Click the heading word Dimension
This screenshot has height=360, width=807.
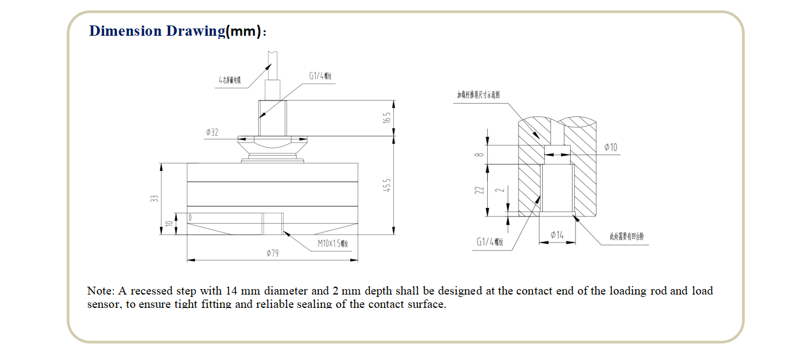(x=125, y=31)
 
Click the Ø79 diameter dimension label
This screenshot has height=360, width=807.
(x=273, y=253)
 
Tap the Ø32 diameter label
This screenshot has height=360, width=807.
(x=212, y=132)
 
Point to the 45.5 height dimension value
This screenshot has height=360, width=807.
(x=387, y=185)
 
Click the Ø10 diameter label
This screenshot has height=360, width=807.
(x=611, y=148)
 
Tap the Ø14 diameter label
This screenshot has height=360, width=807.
(x=557, y=235)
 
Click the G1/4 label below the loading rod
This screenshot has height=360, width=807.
(x=490, y=242)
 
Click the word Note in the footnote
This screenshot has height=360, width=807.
(x=99, y=291)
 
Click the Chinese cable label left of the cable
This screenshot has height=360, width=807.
(x=230, y=80)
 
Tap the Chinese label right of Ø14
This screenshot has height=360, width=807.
(x=626, y=236)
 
